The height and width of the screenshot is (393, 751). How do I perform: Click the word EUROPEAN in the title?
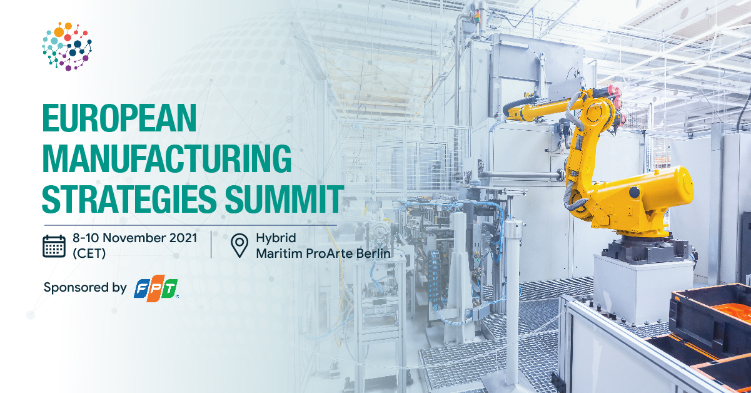click(x=119, y=118)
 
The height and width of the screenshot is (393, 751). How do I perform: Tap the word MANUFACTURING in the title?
click(x=167, y=159)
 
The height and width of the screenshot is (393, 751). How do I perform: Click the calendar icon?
click(x=54, y=246)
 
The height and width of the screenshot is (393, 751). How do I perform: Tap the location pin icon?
click(x=239, y=246)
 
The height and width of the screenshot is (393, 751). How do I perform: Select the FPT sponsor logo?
click(x=156, y=288)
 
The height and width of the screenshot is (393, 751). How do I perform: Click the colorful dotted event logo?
click(x=67, y=46)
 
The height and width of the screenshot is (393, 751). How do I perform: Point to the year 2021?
click(x=183, y=238)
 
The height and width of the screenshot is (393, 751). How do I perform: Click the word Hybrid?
click(x=276, y=238)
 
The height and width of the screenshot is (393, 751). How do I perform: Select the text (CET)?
click(x=89, y=253)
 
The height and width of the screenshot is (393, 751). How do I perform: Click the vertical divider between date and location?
click(x=211, y=244)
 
